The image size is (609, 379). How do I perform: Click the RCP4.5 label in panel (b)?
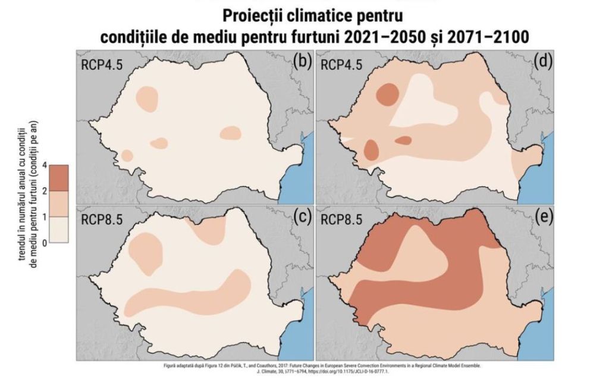click(102, 64)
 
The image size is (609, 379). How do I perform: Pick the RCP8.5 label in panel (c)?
click(102, 219)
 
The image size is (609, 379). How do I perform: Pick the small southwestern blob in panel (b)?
click(127, 155)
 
